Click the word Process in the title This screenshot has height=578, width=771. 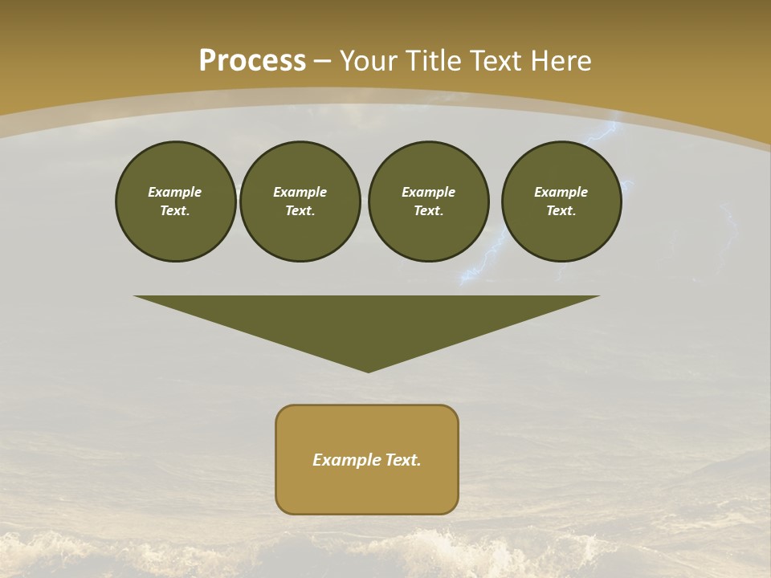click(252, 60)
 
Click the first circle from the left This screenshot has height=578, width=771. click(175, 201)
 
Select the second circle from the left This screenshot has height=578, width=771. click(300, 201)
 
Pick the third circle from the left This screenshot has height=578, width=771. click(428, 201)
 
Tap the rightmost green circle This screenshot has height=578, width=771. click(561, 201)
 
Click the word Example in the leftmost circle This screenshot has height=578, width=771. click(175, 192)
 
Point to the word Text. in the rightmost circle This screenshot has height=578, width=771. click(561, 211)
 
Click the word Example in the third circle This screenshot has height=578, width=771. click(428, 192)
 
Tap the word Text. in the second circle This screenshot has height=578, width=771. click(300, 211)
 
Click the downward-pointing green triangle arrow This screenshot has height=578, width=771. click(367, 321)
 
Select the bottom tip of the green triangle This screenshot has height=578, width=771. click(368, 370)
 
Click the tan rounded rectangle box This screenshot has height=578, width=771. click(367, 490)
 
